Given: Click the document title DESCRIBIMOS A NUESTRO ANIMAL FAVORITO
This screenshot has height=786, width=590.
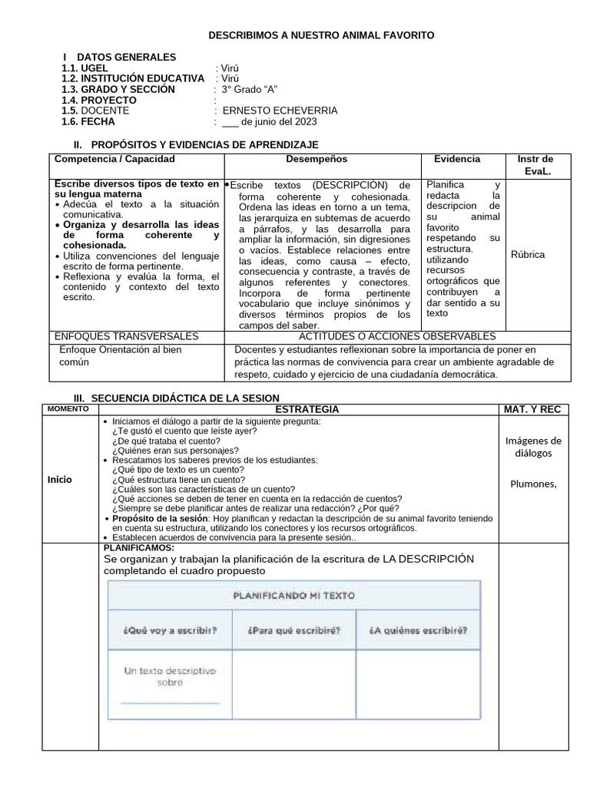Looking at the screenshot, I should pyautogui.click(x=322, y=35).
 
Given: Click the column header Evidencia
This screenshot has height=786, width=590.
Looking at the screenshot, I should pyautogui.click(x=457, y=159).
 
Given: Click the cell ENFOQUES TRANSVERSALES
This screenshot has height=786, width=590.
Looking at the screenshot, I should pyautogui.click(x=127, y=336).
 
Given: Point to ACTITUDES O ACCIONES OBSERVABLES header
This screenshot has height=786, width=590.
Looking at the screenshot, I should pyautogui.click(x=396, y=336).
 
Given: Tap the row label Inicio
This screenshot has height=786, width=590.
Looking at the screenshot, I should pyautogui.click(x=59, y=479).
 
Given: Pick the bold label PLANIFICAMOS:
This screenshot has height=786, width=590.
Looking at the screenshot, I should pyautogui.click(x=138, y=548).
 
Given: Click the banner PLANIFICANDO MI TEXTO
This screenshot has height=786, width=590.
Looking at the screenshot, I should pyautogui.click(x=294, y=596).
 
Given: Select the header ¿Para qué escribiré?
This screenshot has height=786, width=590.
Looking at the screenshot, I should pyautogui.click(x=294, y=631).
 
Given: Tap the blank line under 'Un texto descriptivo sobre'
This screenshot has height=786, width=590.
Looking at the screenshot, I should pyautogui.click(x=170, y=702).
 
